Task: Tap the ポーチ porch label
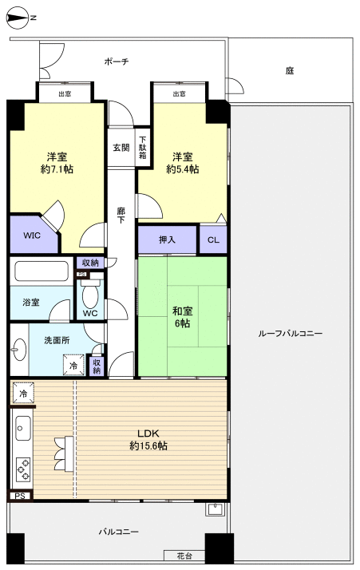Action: (116, 61)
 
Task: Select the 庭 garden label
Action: (289, 71)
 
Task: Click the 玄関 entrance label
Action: (121, 148)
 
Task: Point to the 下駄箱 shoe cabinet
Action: (142, 148)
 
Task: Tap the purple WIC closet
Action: (32, 236)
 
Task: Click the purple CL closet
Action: (213, 240)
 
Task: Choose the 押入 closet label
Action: (167, 240)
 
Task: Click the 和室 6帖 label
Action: (183, 317)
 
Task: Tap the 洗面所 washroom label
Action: (54, 340)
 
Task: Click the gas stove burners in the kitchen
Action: (22, 467)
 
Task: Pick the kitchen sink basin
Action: (22, 429)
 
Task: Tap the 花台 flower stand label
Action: (184, 555)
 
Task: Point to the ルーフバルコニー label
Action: (290, 333)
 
